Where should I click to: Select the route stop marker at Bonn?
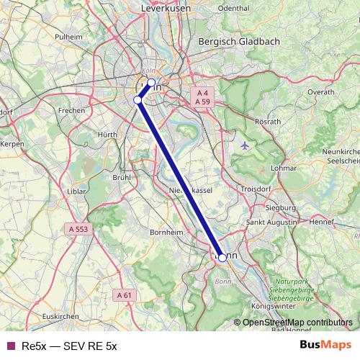222,257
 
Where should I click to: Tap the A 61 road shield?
125,294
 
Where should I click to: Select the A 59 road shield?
202,102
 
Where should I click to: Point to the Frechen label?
72,111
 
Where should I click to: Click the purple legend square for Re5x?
11,346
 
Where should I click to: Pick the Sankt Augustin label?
271,224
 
